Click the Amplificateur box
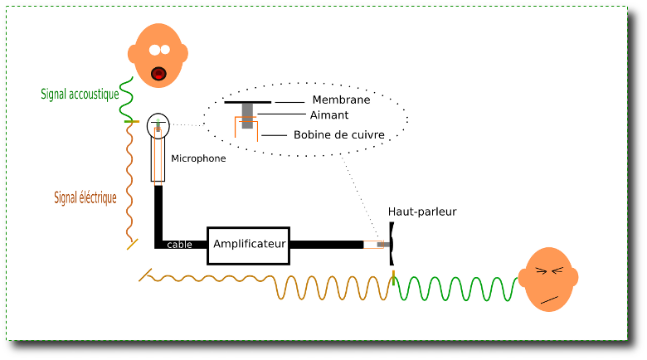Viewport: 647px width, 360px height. (x=248, y=245)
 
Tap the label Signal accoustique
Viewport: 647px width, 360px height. (x=80, y=95)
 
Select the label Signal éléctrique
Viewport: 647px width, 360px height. (x=85, y=198)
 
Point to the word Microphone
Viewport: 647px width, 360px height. (x=198, y=158)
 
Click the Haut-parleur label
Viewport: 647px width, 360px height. (x=422, y=212)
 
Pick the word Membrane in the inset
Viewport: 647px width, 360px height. (x=341, y=100)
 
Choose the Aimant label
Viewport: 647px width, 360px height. (x=329, y=115)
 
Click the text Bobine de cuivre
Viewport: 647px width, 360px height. (x=338, y=134)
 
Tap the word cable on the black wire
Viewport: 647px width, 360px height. (x=179, y=245)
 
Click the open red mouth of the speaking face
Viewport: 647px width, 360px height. (x=158, y=74)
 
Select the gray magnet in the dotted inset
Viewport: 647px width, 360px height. (x=247, y=116)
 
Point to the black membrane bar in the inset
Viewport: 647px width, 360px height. (x=247, y=101)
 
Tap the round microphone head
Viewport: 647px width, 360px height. (x=158, y=126)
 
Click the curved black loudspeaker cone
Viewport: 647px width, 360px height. (x=392, y=244)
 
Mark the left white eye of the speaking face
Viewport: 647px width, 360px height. (x=153, y=50)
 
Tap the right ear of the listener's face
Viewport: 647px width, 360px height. (x=572, y=277)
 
